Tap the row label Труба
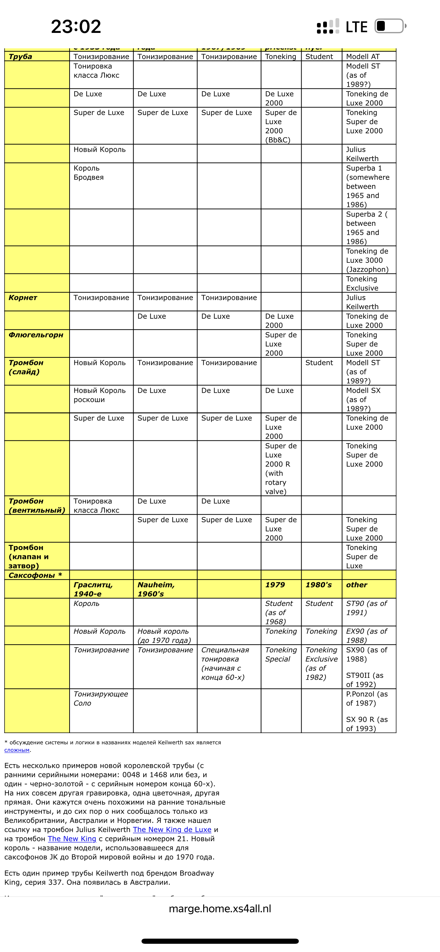pyautogui.click(x=20, y=57)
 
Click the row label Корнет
pyautogui.click(x=23, y=297)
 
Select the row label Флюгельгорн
pyautogui.click(x=36, y=335)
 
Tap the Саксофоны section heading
pyautogui.click(x=35, y=575)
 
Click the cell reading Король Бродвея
pyautogui.click(x=89, y=173)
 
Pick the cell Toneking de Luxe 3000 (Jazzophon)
pyautogui.click(x=367, y=260)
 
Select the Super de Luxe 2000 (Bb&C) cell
pyautogui.click(x=281, y=126)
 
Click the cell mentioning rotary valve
pyautogui.click(x=280, y=468)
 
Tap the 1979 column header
pyautogui.click(x=275, y=585)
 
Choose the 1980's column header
pyautogui.click(x=318, y=585)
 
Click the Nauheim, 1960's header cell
pyautogui.click(x=156, y=589)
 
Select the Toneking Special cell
pyautogui.click(x=281, y=655)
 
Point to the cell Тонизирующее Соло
pyautogui.click(x=100, y=698)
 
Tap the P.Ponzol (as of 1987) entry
pyautogui.click(x=367, y=698)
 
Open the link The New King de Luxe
pyautogui.click(x=172, y=830)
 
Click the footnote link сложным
pyautogui.click(x=17, y=750)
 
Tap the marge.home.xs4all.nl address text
pyautogui.click(x=220, y=909)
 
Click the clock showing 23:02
pyautogui.click(x=76, y=27)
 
